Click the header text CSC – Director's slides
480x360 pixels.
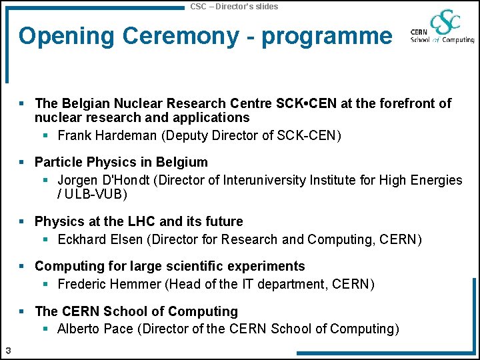[x=234, y=6]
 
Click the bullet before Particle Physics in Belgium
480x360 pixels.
[x=22, y=162]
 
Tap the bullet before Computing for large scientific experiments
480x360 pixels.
[x=22, y=266]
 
